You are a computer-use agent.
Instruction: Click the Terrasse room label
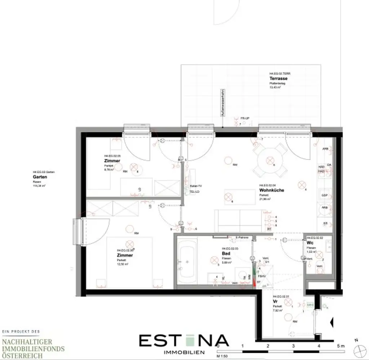tap(279, 79)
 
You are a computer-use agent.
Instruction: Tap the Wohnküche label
tap(272, 190)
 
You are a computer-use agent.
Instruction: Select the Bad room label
tap(226, 254)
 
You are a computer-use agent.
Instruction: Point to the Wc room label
tap(310, 243)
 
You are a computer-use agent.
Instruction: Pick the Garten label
tap(40, 177)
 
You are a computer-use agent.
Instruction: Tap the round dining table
tap(270, 161)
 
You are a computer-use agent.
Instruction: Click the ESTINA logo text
tap(184, 341)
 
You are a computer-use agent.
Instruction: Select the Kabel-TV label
tap(196, 186)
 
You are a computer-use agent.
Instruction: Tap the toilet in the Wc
tap(320, 268)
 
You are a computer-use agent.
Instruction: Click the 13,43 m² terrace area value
tap(275, 87)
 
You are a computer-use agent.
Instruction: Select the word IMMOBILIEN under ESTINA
tap(184, 352)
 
